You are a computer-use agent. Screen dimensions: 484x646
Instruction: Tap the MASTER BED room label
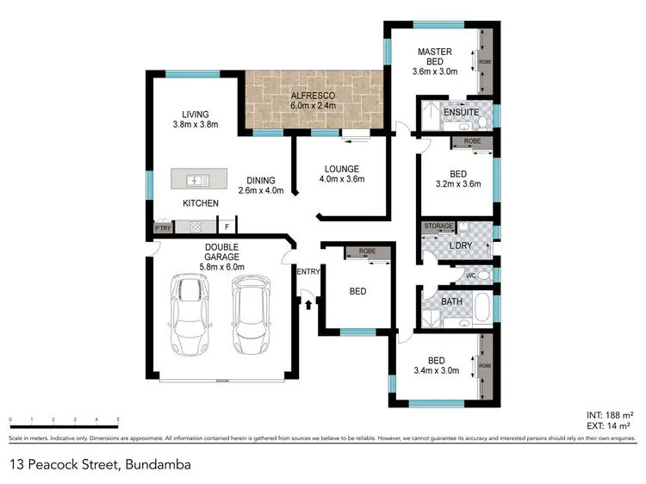(435, 52)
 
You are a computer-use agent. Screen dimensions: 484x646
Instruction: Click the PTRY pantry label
(162, 227)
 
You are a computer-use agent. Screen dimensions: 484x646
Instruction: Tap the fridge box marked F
(226, 227)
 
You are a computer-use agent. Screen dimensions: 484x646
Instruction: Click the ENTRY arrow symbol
(307, 301)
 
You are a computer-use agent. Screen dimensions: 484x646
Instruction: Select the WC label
(470, 276)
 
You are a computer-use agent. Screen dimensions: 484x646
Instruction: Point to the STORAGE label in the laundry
(438, 226)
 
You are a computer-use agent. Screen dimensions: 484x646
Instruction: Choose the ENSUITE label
(456, 113)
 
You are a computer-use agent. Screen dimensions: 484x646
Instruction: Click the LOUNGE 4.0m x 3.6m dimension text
(341, 180)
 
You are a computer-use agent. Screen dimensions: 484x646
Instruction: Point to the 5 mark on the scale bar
(118, 419)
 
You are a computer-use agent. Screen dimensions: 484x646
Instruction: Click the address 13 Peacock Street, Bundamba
(100, 464)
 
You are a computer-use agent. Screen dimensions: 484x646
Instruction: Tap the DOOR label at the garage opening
(222, 380)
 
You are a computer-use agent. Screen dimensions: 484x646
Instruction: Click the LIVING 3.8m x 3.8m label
(194, 119)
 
